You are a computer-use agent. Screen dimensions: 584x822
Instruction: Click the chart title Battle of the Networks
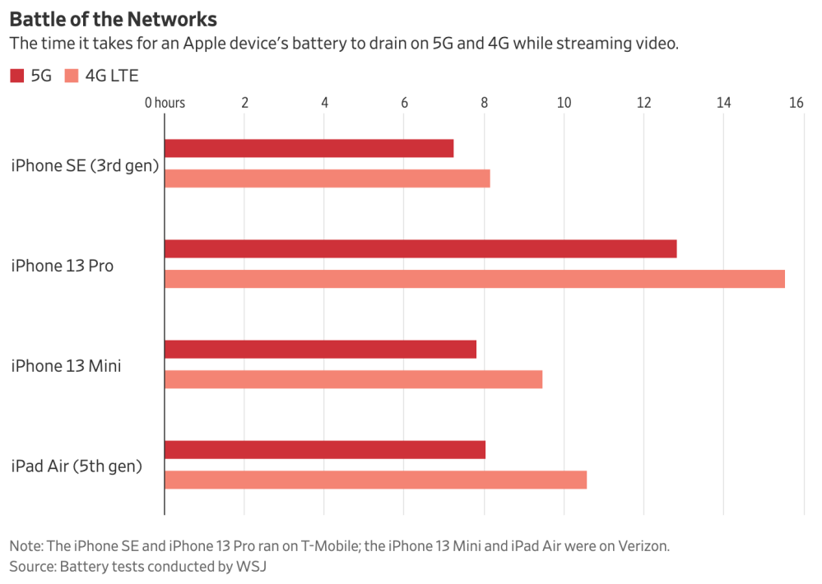(x=113, y=18)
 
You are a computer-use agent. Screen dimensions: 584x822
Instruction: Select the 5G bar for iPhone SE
(x=309, y=148)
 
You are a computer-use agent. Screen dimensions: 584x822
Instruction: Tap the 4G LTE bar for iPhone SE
(x=327, y=178)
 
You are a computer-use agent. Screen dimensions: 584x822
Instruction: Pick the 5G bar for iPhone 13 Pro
(x=420, y=248)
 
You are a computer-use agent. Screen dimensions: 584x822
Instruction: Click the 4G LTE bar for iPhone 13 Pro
(x=474, y=279)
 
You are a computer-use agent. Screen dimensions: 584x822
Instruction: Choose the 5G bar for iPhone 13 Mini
(x=320, y=349)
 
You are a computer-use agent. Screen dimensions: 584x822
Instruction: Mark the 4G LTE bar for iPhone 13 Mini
(x=353, y=379)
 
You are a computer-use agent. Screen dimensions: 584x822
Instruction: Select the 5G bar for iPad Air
(x=324, y=450)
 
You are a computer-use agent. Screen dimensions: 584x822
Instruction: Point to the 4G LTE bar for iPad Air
(x=375, y=480)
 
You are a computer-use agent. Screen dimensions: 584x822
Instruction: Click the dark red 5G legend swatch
(x=17, y=76)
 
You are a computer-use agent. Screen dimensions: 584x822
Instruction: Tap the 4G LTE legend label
(x=111, y=76)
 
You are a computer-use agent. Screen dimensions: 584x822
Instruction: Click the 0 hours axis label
(x=165, y=103)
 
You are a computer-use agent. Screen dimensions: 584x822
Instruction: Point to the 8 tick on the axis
(x=484, y=103)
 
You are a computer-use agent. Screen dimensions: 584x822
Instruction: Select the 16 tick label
(x=795, y=103)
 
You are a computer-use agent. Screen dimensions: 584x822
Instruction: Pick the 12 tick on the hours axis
(x=643, y=103)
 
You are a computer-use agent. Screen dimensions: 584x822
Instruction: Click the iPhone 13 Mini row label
(x=66, y=366)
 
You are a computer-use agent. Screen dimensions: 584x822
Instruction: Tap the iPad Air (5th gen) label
(x=76, y=466)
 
